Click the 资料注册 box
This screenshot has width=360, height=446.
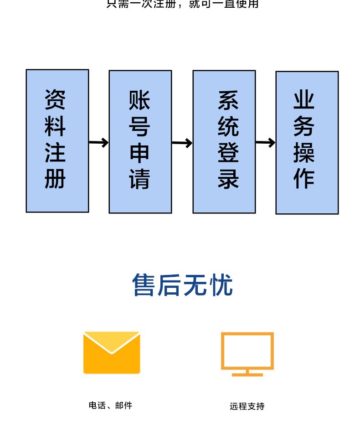coord(57,140)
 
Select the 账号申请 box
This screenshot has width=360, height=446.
coord(140,141)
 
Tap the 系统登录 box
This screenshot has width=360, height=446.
coord(224,141)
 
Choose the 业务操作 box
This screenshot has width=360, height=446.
coord(307,142)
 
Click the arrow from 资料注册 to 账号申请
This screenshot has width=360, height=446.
coord(99,143)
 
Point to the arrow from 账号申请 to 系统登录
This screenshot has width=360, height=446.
coord(182,143)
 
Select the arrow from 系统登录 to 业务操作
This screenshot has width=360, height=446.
coord(266,143)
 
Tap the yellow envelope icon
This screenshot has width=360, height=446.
coord(112,353)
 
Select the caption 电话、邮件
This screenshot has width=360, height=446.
coord(110,405)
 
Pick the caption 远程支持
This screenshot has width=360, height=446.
coord(247,406)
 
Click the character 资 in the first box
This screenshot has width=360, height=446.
coord(55,100)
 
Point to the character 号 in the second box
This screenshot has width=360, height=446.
coord(139,126)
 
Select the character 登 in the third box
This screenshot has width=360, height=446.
coord(228,153)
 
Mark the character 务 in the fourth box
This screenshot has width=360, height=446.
coord(304,126)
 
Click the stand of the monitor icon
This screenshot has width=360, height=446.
coord(247,373)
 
